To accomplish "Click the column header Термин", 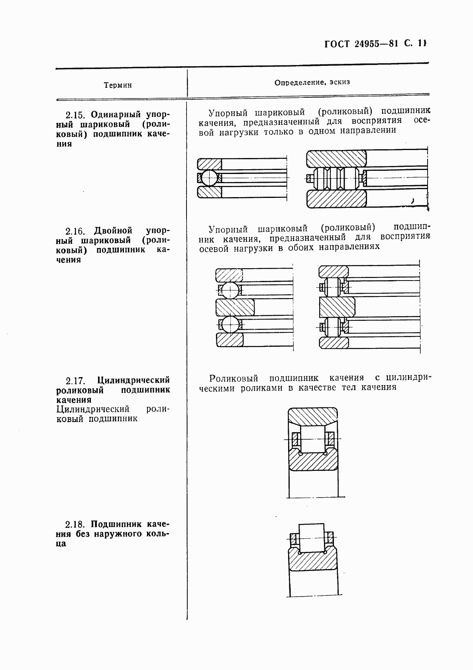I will coord(118,85).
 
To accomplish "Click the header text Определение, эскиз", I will coord(312,83).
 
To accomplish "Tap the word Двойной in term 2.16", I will coord(113,231).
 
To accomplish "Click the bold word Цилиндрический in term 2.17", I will coord(133,379).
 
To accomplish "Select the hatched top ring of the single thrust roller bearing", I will coord(336,158).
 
